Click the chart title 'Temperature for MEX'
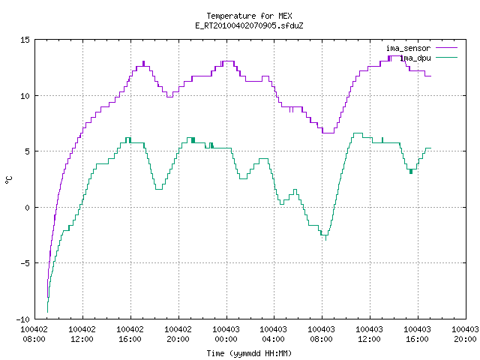coord(249,16)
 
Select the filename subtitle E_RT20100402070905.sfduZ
coord(249,25)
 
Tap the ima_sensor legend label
coord(408,48)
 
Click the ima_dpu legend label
coord(415,58)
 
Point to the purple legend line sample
coord(446,48)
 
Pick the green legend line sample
coord(446,57)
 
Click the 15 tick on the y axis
coord(25,40)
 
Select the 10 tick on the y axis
coord(25,96)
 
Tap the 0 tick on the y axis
coord(28,208)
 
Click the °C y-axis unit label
coord(9,180)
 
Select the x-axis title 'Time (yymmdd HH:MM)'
coord(249,353)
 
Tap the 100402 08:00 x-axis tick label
coord(34,334)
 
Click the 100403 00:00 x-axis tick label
coord(226,334)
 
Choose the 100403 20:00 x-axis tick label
coord(465,334)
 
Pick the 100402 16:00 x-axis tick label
coord(130,334)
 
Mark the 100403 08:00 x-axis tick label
coord(321,334)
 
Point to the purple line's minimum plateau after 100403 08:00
coord(328,133)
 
